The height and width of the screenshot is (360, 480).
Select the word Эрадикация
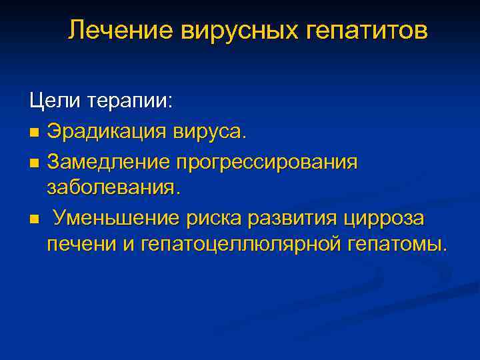point(104,131)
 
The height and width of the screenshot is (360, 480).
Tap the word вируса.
point(207,131)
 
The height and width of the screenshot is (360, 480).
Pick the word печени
point(80,245)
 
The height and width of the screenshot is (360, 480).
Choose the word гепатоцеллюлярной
point(241,245)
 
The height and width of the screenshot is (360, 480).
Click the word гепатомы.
point(397,245)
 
